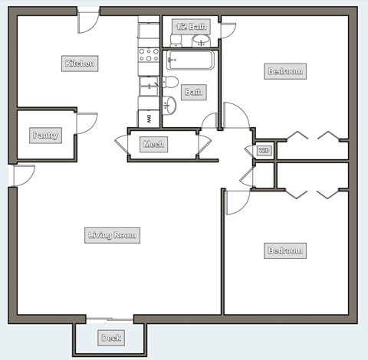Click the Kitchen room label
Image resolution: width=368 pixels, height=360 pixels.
[x=80, y=64]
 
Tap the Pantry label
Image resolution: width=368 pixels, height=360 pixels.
[x=45, y=136]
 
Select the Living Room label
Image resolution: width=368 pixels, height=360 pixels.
[x=112, y=235]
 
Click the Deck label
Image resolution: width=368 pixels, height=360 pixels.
[x=111, y=338]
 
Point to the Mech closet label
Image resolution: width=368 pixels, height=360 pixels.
[x=153, y=144]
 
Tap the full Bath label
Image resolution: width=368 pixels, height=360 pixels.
[x=193, y=92]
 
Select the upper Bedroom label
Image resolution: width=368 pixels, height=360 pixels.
[x=284, y=71]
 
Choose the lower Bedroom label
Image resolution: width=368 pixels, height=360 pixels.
[x=284, y=250]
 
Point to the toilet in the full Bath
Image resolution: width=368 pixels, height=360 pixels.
[x=171, y=82]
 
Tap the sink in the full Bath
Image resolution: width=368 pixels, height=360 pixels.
[x=170, y=105]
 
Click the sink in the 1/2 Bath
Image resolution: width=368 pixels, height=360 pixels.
[x=201, y=40]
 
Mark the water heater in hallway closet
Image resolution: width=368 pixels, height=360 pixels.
[x=264, y=150]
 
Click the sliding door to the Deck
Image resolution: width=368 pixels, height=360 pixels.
[x=110, y=319]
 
